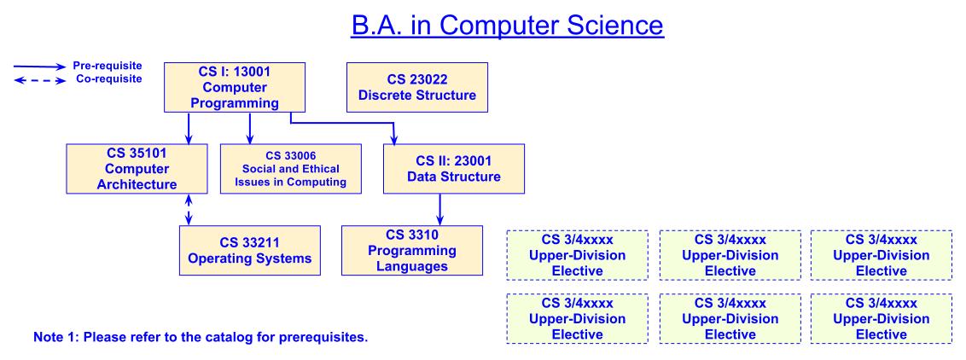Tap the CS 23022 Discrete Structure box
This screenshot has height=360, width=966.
tap(416, 87)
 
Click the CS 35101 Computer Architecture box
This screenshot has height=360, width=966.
tap(125, 168)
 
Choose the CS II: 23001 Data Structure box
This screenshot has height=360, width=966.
tap(440, 168)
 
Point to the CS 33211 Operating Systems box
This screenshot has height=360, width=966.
tap(250, 249)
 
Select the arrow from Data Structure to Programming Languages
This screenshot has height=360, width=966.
tap(439, 209)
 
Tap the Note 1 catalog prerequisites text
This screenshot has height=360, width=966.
tap(200, 336)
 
